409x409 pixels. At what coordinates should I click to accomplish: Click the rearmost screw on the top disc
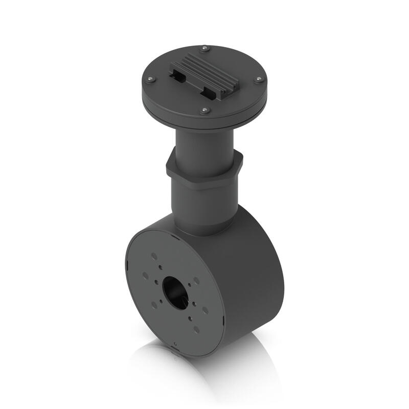click(205, 49)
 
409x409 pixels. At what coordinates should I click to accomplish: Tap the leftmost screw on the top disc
click(150, 79)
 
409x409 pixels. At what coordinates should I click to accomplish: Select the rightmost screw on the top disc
click(259, 79)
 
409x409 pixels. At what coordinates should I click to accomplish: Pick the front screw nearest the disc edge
click(204, 110)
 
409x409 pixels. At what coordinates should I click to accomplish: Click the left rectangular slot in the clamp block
click(177, 77)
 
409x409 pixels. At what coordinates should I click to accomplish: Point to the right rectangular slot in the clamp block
click(208, 94)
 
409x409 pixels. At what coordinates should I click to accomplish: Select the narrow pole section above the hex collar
click(204, 143)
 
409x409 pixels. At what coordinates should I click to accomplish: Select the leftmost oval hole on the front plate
click(146, 275)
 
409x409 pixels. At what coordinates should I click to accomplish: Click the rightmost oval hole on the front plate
click(206, 310)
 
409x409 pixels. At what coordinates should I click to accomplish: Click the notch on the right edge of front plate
click(223, 323)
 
